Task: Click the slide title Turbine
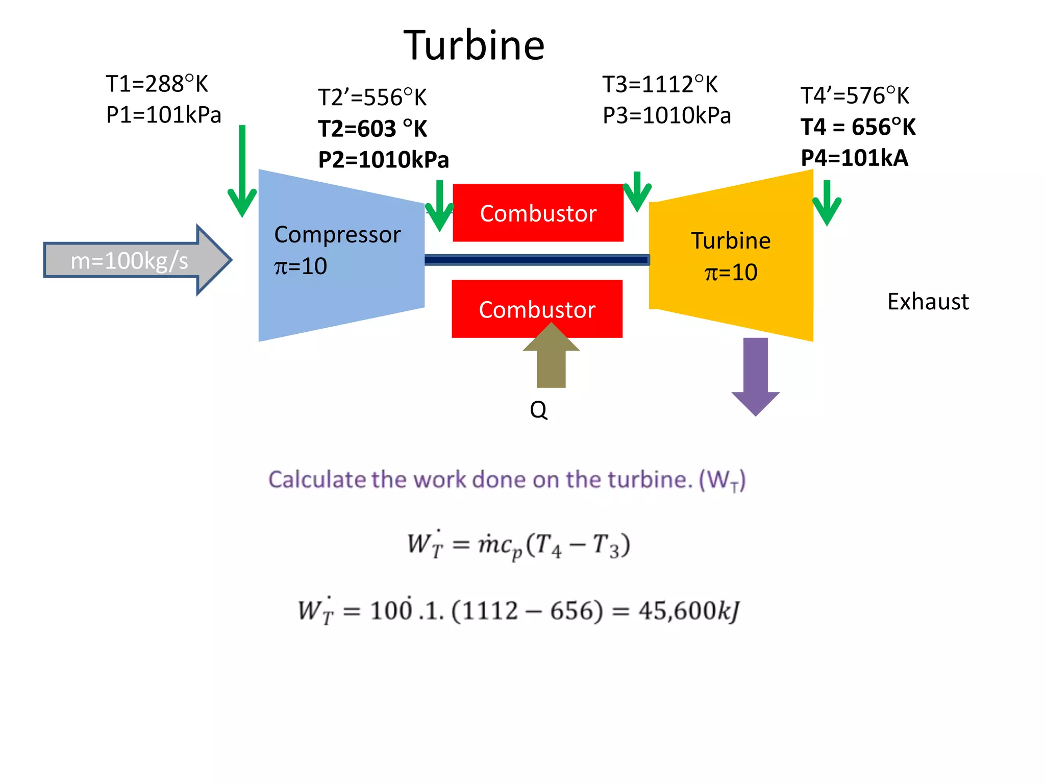474,46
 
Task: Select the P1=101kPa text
163,115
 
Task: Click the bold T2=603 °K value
372,129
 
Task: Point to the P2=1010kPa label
383,160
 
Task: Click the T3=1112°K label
660,85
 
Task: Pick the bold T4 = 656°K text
858,127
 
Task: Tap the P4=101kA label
854,158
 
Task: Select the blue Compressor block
341,255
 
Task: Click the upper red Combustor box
538,213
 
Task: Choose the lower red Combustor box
537,309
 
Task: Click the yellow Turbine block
731,255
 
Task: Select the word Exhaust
928,302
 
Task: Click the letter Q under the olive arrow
538,410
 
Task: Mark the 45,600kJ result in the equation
689,611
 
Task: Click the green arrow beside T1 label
242,174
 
